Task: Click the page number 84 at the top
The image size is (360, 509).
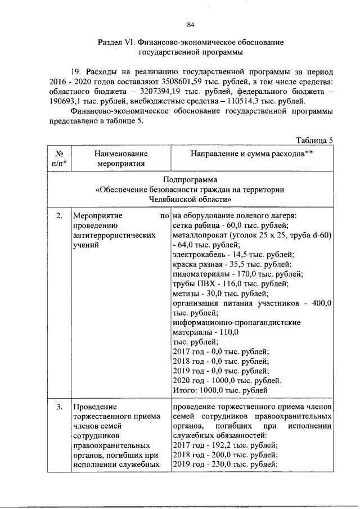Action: click(190, 24)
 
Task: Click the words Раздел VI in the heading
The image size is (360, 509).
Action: click(115, 43)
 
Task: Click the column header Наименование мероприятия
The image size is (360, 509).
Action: click(120, 159)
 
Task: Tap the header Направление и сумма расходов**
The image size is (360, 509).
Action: click(251, 154)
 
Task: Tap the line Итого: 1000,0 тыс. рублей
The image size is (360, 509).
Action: click(219, 390)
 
